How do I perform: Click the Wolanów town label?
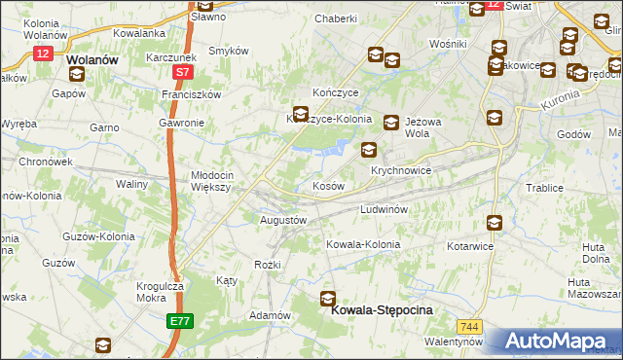tap(93, 58)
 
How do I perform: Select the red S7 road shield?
tap(183, 72)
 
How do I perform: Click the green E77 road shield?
tap(179, 320)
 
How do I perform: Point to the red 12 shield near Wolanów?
tap(41, 54)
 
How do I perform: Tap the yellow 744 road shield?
tap(471, 326)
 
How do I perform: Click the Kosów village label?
tap(327, 185)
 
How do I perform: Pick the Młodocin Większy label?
tap(208, 182)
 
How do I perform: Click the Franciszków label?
tap(192, 94)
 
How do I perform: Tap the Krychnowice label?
tap(401, 170)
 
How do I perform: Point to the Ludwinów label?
tap(389, 209)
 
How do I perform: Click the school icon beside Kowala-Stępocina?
tap(328, 300)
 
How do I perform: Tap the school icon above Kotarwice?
tap(494, 223)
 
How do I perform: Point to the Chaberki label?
tap(336, 18)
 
